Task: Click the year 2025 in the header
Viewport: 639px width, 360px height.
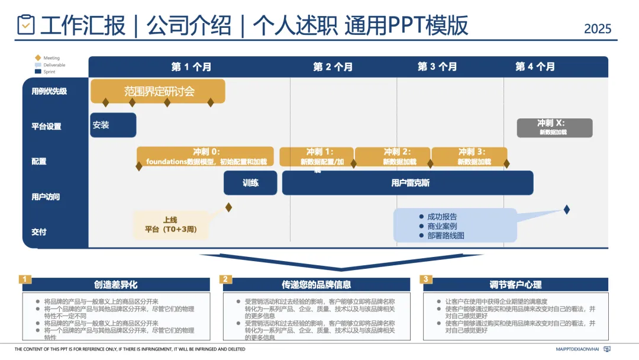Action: (x=597, y=28)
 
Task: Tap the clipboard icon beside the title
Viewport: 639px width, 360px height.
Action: (x=26, y=25)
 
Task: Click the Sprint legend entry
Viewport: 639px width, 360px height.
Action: (x=49, y=72)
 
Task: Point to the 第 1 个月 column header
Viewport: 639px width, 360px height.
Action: (x=191, y=67)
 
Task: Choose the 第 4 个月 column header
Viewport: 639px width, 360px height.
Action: (x=535, y=67)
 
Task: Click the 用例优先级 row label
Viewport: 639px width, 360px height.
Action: (x=49, y=91)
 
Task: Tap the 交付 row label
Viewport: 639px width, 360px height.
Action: (x=39, y=232)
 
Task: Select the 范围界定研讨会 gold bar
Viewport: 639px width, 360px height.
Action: (x=158, y=91)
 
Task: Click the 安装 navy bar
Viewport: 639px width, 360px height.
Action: (x=113, y=125)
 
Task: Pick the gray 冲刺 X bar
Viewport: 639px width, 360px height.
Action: (x=554, y=127)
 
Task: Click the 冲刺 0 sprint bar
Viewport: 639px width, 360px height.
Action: (x=205, y=156)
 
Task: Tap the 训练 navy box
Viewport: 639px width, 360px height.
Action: (x=250, y=183)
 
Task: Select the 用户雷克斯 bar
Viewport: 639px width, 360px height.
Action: (x=408, y=183)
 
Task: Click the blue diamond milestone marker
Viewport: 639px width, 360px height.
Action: (x=566, y=210)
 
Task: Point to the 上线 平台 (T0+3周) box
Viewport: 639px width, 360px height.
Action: (x=170, y=224)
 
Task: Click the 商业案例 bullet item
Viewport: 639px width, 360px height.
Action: (x=442, y=226)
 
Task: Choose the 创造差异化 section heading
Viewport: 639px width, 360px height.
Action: (x=115, y=285)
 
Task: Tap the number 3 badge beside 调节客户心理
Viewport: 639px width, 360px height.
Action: (x=426, y=279)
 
